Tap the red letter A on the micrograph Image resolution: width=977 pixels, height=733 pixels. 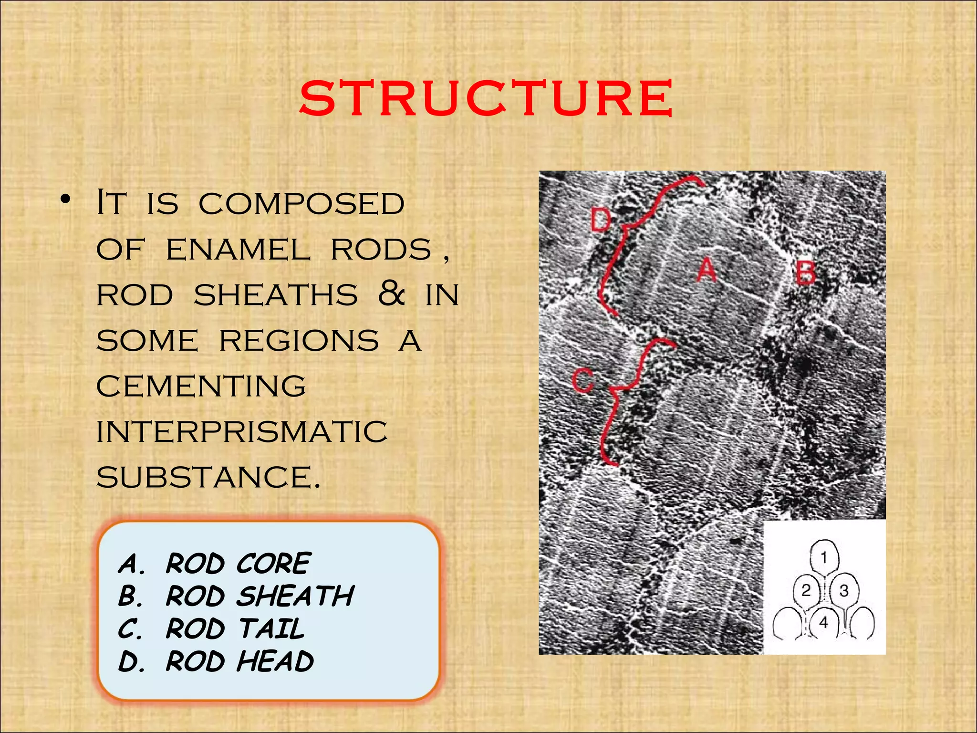[x=707, y=270]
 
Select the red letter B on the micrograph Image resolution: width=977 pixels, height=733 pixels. [x=806, y=273]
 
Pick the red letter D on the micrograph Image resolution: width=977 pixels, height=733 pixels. [x=601, y=220]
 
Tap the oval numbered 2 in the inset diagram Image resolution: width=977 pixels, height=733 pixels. [x=806, y=591]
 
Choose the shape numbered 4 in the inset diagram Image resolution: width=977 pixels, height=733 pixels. [x=824, y=622]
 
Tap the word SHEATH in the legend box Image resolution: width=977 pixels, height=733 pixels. [x=296, y=596]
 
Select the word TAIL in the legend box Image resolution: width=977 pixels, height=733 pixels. [x=271, y=628]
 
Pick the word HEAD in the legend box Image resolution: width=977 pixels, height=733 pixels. [x=275, y=661]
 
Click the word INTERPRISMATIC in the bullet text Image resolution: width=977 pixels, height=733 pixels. [x=242, y=432]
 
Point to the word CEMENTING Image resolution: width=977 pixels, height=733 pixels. [x=201, y=386]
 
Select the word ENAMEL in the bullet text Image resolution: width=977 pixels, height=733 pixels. [x=238, y=250]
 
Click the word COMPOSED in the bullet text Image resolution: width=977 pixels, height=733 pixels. [x=301, y=204]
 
